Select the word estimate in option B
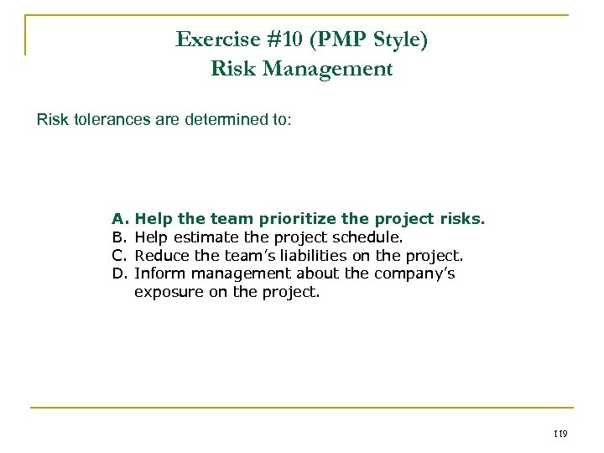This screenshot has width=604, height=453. [204, 237]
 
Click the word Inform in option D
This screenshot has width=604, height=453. [158, 273]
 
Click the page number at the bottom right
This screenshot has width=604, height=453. [561, 434]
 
